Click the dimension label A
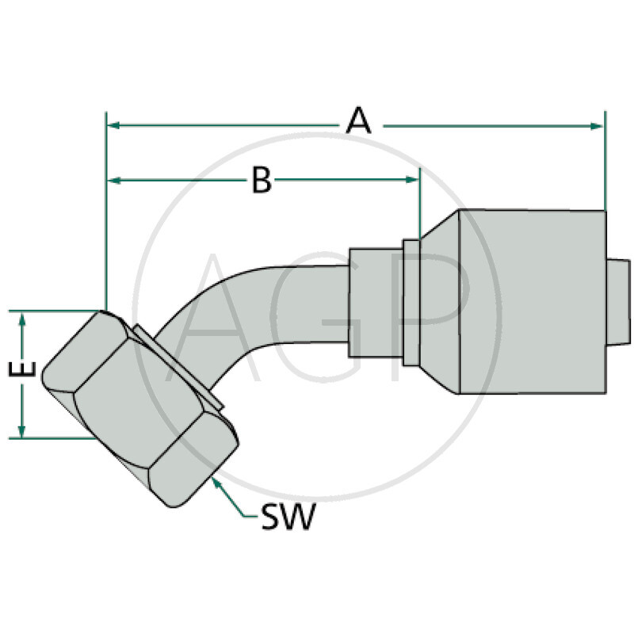359,122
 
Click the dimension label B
262,181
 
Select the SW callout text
288,519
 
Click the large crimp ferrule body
523,301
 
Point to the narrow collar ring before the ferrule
410,301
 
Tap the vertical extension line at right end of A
604,158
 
